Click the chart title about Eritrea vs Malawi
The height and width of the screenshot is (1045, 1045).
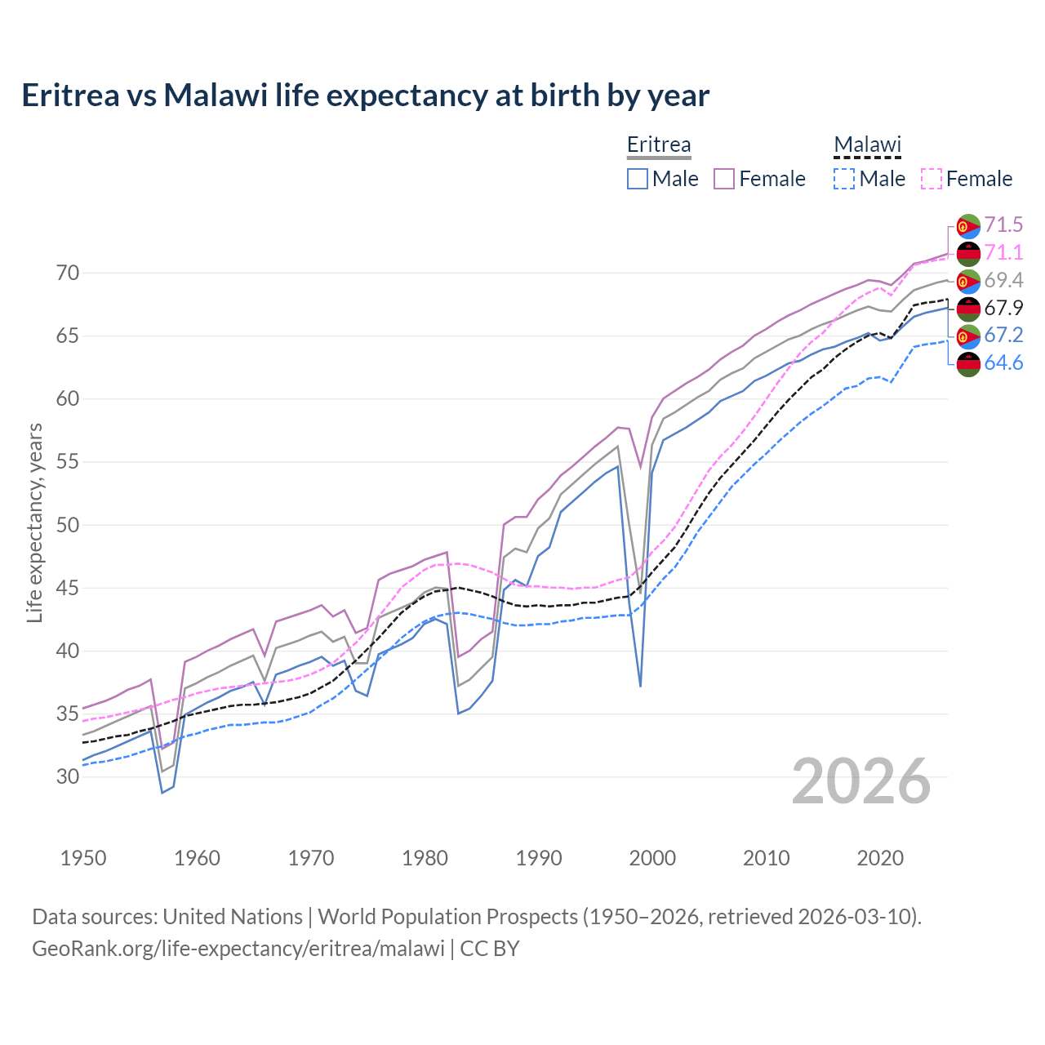click(x=365, y=96)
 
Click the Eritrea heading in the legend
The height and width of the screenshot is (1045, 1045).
click(x=658, y=145)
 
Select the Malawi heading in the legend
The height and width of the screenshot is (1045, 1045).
click(x=866, y=145)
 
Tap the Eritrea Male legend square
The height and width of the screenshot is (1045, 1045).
click(x=638, y=179)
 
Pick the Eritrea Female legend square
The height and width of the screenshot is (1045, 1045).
click(x=724, y=179)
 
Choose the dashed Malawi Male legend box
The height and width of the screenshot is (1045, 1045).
click(x=844, y=179)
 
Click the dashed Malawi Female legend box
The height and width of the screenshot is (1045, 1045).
click(x=932, y=179)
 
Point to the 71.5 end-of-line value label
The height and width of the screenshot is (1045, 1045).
click(x=1003, y=225)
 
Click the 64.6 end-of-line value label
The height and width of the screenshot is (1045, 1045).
click(x=1003, y=363)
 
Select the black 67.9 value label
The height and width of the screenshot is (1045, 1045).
click(x=1003, y=308)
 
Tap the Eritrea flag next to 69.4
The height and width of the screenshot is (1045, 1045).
click(x=968, y=281)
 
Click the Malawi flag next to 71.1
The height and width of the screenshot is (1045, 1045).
click(x=968, y=253)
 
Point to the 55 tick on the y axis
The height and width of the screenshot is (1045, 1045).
click(x=68, y=462)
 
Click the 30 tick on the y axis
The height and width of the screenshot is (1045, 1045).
click(x=68, y=776)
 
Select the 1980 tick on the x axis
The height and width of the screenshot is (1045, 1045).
click(x=425, y=858)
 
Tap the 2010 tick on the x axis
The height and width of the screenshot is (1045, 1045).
click(x=766, y=858)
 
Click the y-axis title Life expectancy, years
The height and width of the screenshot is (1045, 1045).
click(x=35, y=522)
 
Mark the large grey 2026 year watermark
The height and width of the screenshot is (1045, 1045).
click(x=861, y=781)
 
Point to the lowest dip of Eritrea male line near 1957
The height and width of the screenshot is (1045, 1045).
click(x=162, y=792)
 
